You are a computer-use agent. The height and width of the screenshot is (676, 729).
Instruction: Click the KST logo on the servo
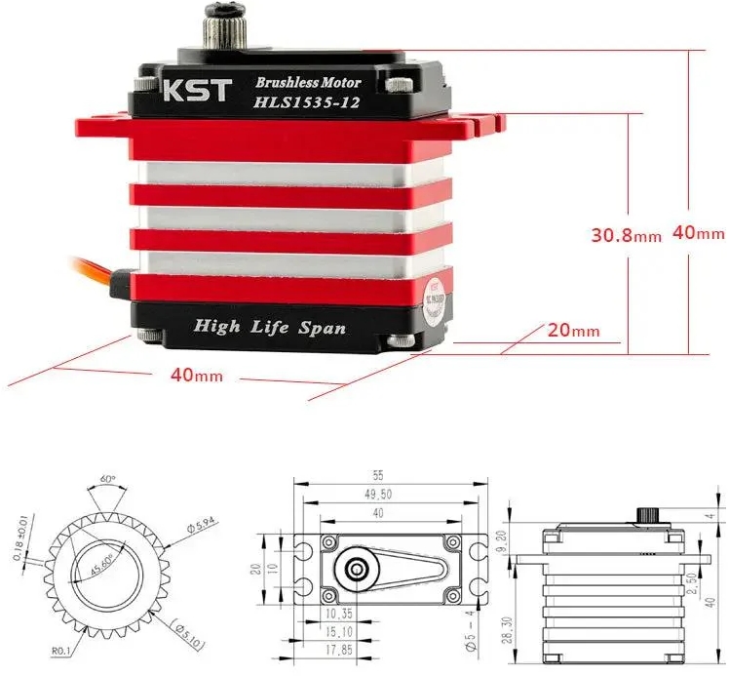[195, 91]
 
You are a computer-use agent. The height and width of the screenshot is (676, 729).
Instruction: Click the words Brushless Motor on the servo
[307, 83]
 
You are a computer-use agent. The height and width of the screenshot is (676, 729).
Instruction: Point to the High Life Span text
[269, 327]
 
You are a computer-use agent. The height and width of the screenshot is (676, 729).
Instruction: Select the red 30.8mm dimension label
[626, 234]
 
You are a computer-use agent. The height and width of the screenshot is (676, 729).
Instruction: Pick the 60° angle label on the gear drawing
[106, 480]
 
